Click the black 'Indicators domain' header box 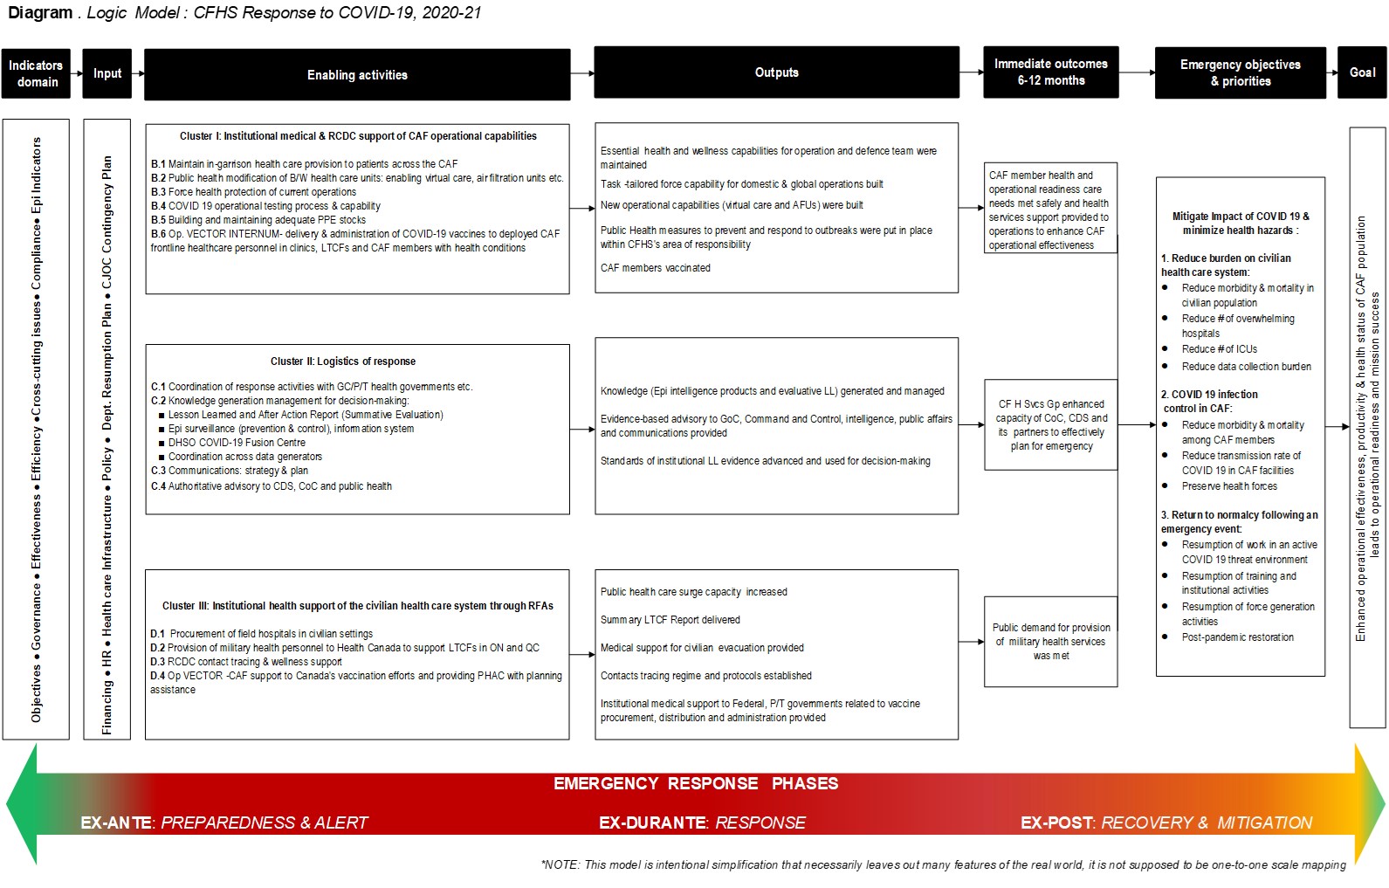tap(36, 73)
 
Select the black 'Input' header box tap(107, 73)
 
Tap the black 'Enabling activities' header tap(357, 75)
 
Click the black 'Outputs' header tap(776, 72)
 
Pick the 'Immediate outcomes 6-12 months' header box tap(1050, 72)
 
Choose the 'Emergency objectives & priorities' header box tap(1240, 73)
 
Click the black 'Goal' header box tap(1362, 72)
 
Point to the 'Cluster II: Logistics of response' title tap(343, 361)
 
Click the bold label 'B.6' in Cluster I tap(158, 234)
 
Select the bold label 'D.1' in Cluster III tap(158, 634)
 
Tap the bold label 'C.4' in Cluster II tap(158, 486)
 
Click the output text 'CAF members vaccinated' tap(656, 268)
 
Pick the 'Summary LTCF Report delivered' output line tap(670, 620)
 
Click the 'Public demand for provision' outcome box tap(1051, 642)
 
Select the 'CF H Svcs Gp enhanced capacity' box tap(1051, 425)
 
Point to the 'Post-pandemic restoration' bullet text tap(1237, 637)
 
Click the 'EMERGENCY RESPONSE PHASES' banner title tap(696, 784)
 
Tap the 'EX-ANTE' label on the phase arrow tap(115, 823)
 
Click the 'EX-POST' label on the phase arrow tap(1056, 823)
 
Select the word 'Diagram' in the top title tap(40, 12)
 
